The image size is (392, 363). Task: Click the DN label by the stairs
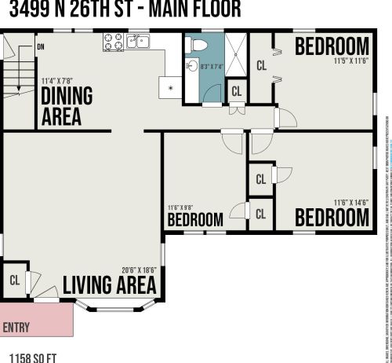40,47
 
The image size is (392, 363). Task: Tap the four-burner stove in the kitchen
112,42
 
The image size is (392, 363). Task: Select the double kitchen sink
138,42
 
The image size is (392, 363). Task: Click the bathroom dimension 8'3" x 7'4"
212,67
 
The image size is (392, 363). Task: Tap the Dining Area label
66,106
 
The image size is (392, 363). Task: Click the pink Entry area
35,321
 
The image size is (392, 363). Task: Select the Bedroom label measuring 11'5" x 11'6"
332,46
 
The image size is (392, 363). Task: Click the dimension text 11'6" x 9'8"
181,207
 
